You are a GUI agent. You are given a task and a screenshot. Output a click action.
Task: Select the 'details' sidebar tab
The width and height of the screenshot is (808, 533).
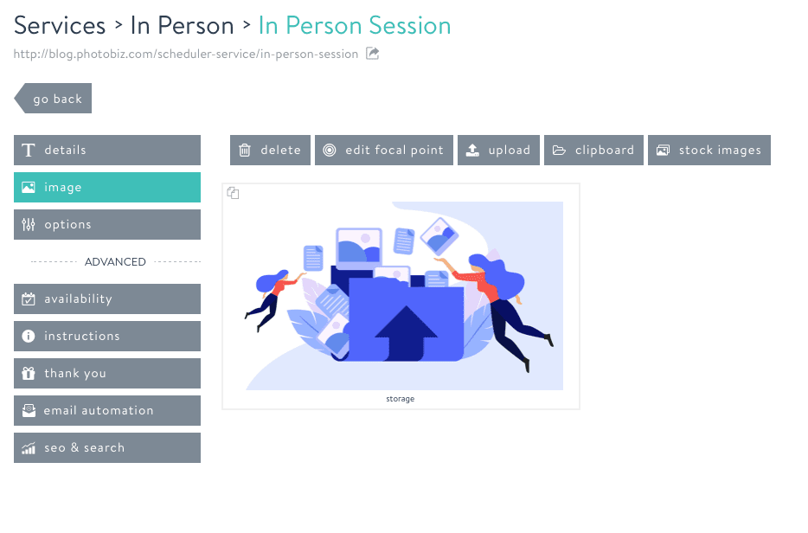click(107, 150)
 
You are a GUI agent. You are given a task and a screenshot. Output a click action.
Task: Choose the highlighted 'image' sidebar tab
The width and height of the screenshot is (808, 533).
click(107, 187)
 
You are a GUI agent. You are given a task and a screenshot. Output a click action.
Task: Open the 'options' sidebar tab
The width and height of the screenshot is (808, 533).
click(107, 224)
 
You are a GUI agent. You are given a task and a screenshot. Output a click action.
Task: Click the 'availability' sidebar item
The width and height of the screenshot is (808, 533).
click(107, 299)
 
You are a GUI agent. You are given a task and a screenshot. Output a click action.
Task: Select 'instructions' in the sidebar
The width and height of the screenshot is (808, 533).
click(107, 336)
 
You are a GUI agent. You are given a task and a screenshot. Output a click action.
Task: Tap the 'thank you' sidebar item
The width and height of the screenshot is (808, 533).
click(107, 373)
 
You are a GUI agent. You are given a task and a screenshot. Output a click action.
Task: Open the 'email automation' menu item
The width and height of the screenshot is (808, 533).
click(107, 410)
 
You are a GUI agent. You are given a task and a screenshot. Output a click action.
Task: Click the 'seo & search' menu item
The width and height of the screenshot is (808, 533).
click(107, 447)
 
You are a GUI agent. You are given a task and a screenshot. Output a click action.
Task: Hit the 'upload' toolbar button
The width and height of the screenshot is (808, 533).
click(498, 150)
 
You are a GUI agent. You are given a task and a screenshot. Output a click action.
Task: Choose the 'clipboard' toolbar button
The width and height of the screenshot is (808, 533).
click(594, 150)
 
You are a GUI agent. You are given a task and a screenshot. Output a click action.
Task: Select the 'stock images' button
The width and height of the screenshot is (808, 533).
click(709, 150)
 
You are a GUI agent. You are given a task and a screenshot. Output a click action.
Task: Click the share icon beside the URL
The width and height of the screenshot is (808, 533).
click(373, 54)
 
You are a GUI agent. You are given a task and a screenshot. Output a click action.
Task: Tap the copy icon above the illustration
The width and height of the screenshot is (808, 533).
click(233, 193)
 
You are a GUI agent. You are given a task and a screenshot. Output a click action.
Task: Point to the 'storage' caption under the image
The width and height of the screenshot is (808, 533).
click(401, 399)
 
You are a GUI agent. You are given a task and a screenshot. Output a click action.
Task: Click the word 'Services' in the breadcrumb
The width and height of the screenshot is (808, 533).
click(60, 25)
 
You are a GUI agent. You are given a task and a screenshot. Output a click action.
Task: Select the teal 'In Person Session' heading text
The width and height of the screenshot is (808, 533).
click(355, 25)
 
